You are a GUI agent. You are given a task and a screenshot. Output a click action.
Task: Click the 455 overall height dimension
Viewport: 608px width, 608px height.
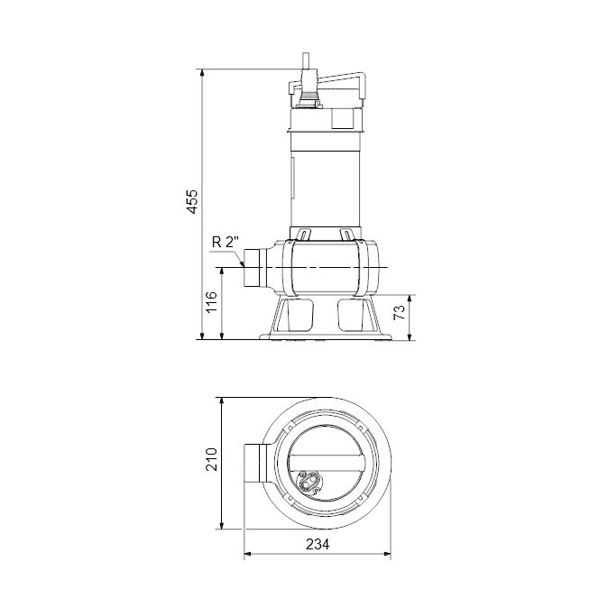pyautogui.click(x=191, y=202)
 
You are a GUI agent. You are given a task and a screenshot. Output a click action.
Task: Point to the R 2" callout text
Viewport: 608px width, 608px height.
pyautogui.click(x=225, y=242)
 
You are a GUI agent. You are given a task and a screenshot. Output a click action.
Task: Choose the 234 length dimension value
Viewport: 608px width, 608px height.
pyautogui.click(x=318, y=544)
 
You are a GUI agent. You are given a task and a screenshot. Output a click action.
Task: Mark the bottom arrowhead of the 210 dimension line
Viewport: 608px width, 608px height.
pyautogui.click(x=223, y=526)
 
